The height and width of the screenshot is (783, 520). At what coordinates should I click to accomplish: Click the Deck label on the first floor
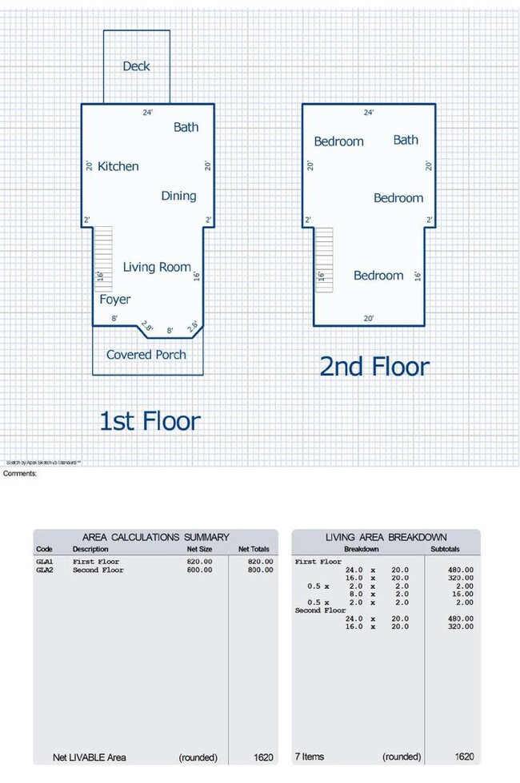pos(136,66)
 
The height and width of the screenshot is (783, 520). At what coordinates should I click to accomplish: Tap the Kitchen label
pos(118,166)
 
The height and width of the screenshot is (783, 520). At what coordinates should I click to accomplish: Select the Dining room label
pos(178,196)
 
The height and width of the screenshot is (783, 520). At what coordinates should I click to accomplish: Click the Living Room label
pos(157,267)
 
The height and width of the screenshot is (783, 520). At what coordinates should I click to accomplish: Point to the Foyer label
pos(115,300)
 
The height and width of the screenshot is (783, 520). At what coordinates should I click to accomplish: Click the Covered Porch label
pos(146,355)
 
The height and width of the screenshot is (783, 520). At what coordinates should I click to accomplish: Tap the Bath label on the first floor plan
pos(186,127)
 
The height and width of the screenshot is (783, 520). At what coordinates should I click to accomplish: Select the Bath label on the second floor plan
pos(406,140)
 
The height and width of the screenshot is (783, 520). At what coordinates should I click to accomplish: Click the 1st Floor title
pos(150,420)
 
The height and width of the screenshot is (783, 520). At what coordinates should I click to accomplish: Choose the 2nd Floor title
pos(374,367)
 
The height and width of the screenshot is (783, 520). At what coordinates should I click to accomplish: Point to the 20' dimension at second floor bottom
pos(369,318)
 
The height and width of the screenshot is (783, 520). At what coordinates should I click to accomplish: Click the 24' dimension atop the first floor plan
pos(147,113)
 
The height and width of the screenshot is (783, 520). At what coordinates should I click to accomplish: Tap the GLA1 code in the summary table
pos(45,562)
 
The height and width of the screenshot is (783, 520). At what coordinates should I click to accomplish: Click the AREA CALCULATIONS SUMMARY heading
pos(156,537)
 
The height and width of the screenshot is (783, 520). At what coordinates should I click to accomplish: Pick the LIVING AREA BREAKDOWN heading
pos(386,537)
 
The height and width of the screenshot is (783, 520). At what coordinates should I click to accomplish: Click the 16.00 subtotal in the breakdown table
pos(462,594)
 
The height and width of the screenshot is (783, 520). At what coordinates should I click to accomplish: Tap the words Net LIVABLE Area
pos(90,757)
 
